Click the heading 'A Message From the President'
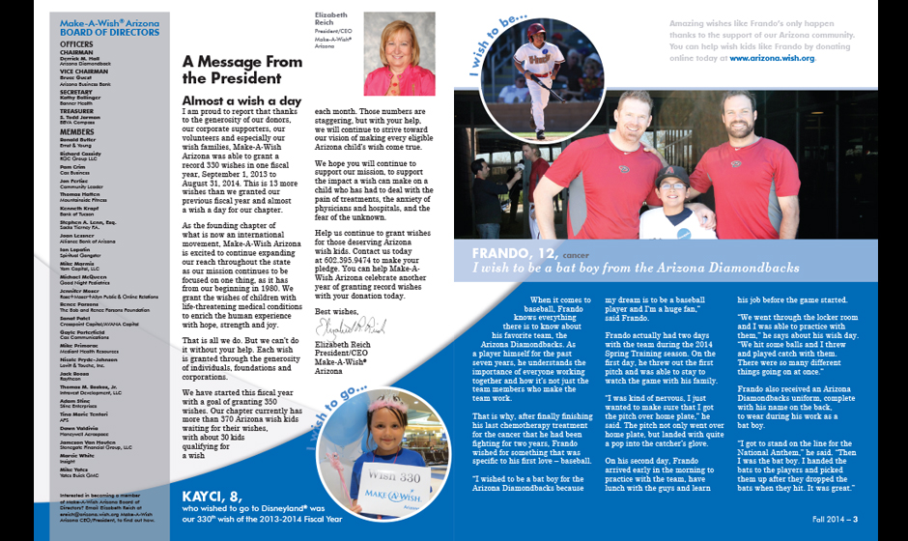241,71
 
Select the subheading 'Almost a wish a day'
241,100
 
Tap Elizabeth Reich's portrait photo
399,54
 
